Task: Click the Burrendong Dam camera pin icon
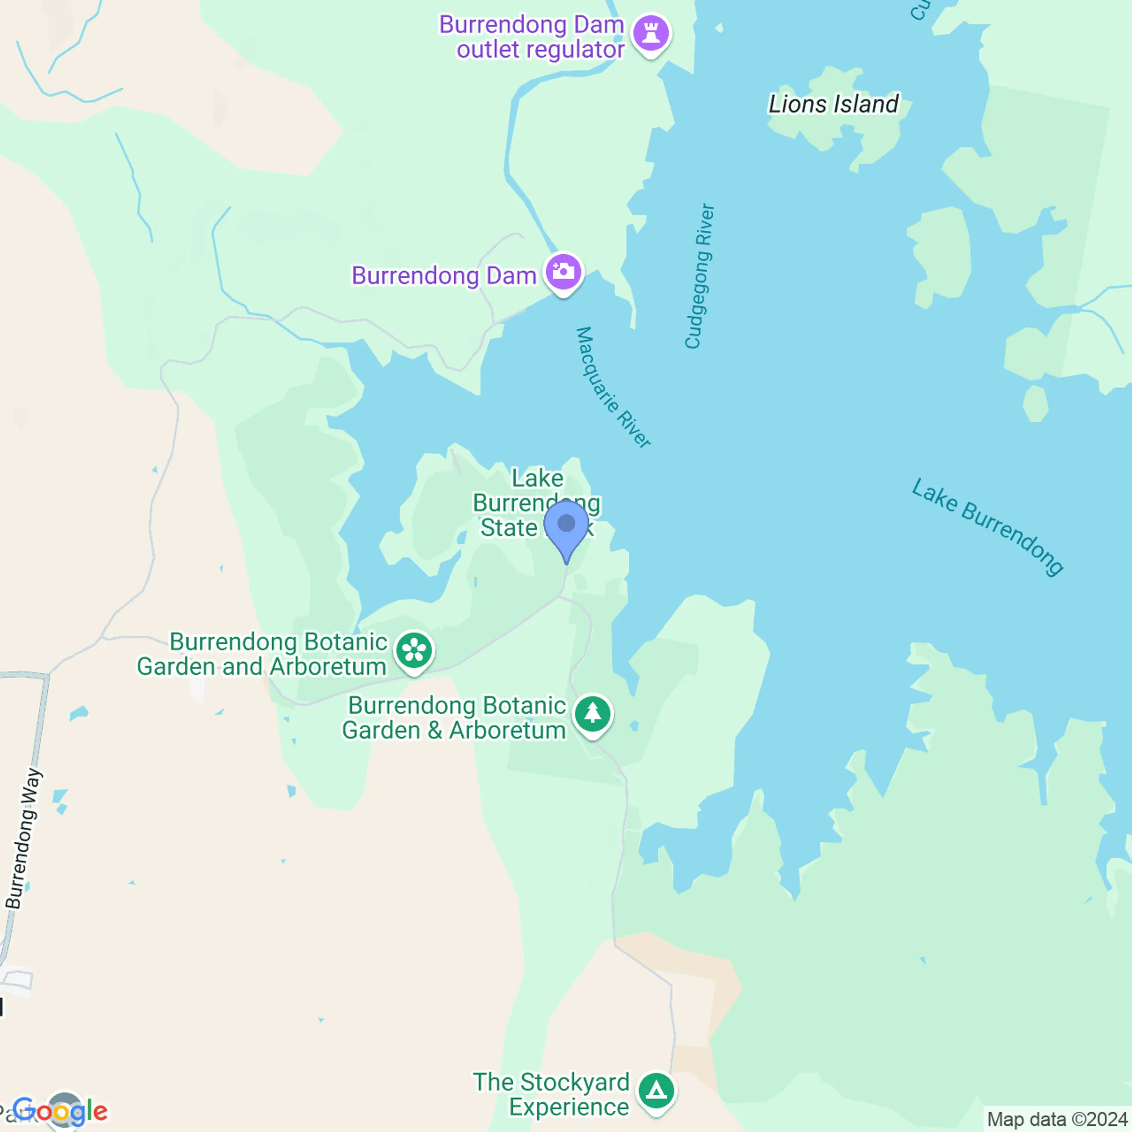click(x=563, y=272)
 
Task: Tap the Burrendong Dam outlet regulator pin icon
click(x=651, y=33)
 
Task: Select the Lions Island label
click(x=832, y=104)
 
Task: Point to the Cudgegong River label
click(x=699, y=276)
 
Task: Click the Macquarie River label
click(x=612, y=387)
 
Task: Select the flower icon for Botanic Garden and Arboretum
click(x=414, y=650)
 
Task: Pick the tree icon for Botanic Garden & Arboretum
click(x=592, y=714)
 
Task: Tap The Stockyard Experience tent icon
click(x=656, y=1091)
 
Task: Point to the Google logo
click(x=60, y=1110)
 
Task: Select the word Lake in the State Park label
click(x=537, y=478)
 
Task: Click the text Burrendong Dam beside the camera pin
click(x=443, y=275)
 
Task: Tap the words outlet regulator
click(x=540, y=50)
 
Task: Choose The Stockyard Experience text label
click(x=551, y=1094)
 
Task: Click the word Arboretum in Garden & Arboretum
click(x=508, y=731)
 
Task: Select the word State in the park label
click(x=508, y=527)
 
